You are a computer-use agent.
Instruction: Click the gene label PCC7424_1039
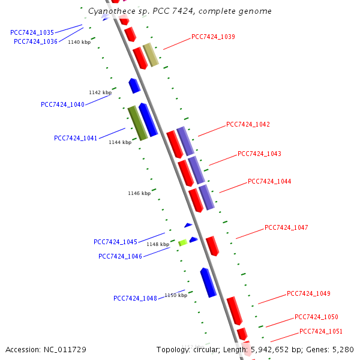[x=213, y=37]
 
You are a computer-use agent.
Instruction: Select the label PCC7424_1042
[x=248, y=125]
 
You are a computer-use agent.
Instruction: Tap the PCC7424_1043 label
[x=259, y=154]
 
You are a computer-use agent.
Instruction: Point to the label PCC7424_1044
[x=269, y=181]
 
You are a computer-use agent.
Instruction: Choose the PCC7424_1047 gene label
[x=286, y=228]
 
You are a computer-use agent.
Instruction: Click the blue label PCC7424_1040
[x=62, y=104]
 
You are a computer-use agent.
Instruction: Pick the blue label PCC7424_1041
[x=76, y=138]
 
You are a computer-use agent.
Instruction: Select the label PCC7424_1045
[x=115, y=242]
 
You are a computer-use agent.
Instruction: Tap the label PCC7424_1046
[x=120, y=256]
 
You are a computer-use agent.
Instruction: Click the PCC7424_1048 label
[x=135, y=298]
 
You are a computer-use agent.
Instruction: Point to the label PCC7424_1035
[x=32, y=32]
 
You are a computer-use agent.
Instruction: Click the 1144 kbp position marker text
[x=119, y=142]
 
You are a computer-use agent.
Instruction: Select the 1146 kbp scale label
[x=139, y=193]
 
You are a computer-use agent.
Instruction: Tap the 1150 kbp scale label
[x=176, y=295]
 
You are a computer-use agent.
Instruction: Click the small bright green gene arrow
[x=183, y=242]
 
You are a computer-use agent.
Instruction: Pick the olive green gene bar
[x=137, y=123]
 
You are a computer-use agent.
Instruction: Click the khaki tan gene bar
[x=151, y=55]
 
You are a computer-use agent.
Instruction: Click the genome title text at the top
[x=179, y=11]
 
